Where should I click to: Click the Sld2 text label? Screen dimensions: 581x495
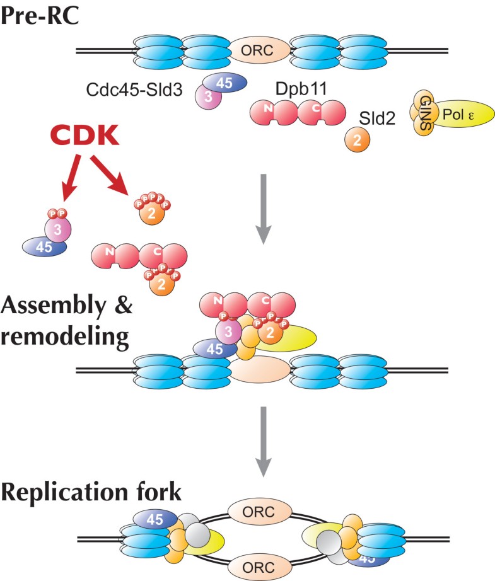coord(376,117)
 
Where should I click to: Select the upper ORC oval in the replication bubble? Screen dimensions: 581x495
coord(261,507)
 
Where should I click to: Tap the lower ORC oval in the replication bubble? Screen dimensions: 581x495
coord(261,567)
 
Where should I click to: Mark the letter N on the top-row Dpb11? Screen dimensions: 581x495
coord(270,108)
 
